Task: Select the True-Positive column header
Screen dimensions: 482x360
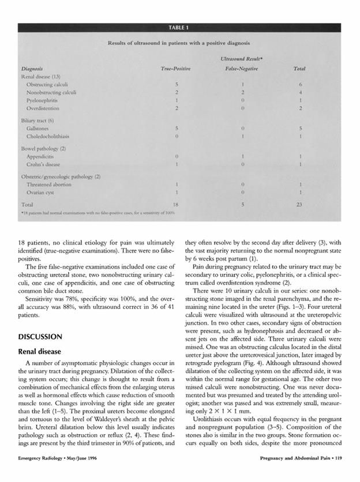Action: [175, 69]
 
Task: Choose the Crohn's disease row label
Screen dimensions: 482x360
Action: [46, 165]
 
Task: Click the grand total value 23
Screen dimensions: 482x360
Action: [299, 204]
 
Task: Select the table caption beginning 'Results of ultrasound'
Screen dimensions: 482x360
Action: [178, 43]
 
